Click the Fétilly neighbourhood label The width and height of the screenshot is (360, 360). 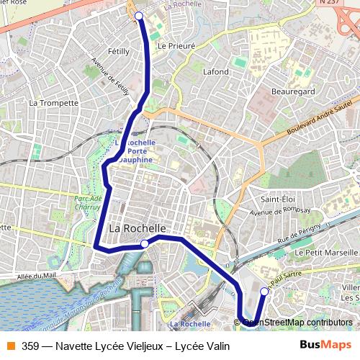[x=118, y=52]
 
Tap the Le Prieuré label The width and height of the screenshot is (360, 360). [x=172, y=45]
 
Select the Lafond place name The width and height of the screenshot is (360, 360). [x=216, y=72]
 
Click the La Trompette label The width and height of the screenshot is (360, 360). [x=53, y=103]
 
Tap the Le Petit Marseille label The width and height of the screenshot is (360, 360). [x=325, y=253]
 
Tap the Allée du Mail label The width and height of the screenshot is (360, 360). [x=36, y=275]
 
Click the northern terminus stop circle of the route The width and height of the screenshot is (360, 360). [x=139, y=15]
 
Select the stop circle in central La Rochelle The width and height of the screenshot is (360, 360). [x=145, y=244]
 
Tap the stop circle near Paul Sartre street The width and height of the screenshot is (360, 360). [x=264, y=292]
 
